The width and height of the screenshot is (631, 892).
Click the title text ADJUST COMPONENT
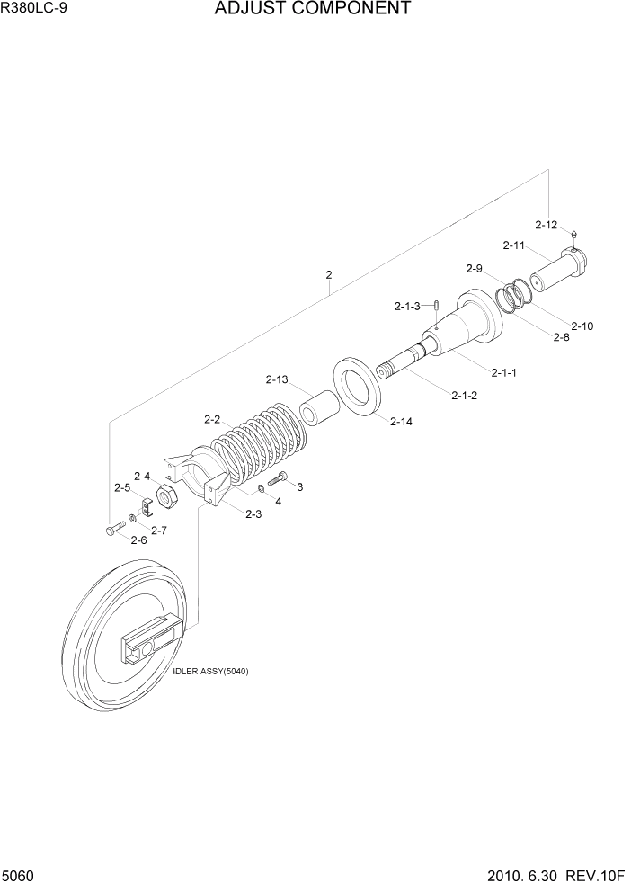[x=313, y=10]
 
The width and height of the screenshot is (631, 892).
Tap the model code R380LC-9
[x=34, y=10]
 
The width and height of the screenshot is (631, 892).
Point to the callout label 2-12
[x=547, y=225]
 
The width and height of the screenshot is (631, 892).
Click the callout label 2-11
[x=514, y=245]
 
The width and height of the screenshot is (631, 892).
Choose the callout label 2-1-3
[x=407, y=307]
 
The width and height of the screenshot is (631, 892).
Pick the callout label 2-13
[x=277, y=379]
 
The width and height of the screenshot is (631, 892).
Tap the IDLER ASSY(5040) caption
[x=210, y=672]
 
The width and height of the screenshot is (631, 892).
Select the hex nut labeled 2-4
[x=165, y=495]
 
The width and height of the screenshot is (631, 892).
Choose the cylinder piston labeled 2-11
[x=557, y=269]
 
